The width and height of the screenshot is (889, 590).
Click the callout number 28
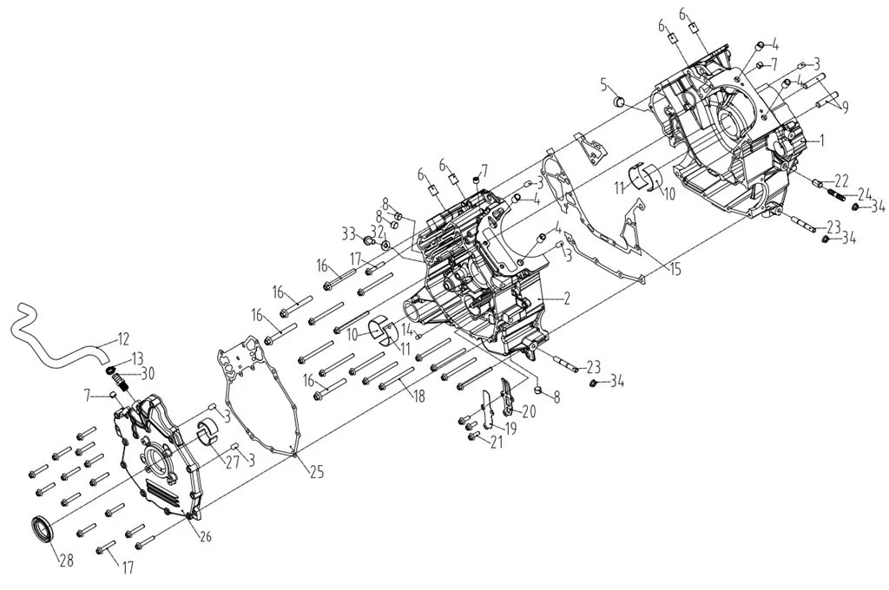67,561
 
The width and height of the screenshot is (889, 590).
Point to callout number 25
316,471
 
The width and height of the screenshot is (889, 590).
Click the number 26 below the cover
205,535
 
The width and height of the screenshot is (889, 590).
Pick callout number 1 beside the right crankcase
821,140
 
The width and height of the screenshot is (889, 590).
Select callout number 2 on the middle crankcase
566,298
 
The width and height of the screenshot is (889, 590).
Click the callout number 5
605,86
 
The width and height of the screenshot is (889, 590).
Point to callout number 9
845,107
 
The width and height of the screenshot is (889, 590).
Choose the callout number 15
675,269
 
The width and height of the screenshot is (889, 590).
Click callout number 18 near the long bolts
418,396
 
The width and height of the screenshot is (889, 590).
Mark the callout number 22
841,180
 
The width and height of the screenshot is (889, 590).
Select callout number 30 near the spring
148,374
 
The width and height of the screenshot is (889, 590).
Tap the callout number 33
349,232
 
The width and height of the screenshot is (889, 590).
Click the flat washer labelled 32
385,246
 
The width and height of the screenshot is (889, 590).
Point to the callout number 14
407,328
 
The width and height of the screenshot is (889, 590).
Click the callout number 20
529,411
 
